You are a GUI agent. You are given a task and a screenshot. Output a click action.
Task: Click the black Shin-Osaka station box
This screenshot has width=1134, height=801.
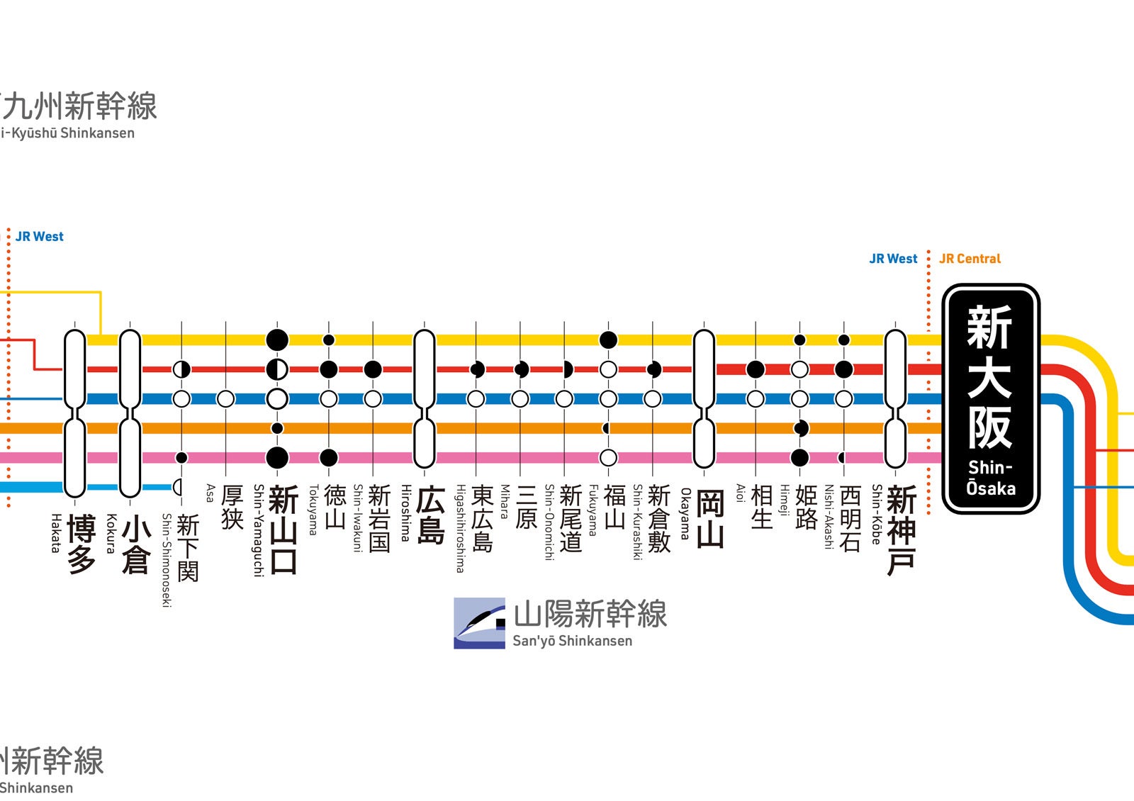pyautogui.click(x=990, y=399)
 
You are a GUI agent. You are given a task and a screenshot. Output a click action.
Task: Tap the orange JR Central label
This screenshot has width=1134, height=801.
pyautogui.click(x=970, y=259)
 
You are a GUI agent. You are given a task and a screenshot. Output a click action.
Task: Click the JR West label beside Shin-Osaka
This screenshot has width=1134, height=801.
pyautogui.click(x=893, y=259)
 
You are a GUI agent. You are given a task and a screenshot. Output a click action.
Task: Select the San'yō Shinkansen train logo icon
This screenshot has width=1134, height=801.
pyautogui.click(x=479, y=623)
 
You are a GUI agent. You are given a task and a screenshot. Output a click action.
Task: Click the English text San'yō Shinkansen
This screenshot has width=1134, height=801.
pyautogui.click(x=572, y=641)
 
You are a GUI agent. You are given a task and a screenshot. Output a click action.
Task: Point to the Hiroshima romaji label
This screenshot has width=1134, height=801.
pyautogui.click(x=406, y=513)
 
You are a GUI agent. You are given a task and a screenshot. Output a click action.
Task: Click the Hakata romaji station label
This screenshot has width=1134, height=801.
pyautogui.click(x=55, y=533)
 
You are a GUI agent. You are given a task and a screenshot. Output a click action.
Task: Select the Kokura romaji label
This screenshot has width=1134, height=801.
pyautogui.click(x=111, y=533)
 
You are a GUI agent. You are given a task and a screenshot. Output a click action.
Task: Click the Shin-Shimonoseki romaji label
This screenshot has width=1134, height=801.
pyautogui.click(x=167, y=560)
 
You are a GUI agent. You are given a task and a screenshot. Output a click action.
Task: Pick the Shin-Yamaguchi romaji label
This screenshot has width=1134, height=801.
pyautogui.click(x=259, y=530)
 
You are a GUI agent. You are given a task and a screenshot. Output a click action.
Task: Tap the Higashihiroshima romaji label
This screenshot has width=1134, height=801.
pyautogui.click(x=460, y=528)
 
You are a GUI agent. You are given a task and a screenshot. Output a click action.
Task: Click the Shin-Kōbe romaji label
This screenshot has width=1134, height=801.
pyautogui.click(x=877, y=515)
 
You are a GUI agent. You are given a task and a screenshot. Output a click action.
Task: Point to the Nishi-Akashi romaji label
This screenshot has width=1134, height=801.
pyautogui.click(x=828, y=517)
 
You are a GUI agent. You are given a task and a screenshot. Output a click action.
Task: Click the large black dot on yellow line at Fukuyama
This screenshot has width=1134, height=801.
pyautogui.click(x=608, y=340)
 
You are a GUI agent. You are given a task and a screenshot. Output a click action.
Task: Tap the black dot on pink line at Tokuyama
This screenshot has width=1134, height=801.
pyautogui.click(x=329, y=457)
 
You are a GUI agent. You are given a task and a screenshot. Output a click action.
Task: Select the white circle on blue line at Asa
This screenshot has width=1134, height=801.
pyautogui.click(x=225, y=398)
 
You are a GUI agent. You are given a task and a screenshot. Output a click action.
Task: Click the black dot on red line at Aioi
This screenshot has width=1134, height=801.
pyautogui.click(x=756, y=369)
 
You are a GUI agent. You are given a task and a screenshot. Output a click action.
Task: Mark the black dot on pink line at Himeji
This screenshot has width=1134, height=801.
pyautogui.click(x=799, y=457)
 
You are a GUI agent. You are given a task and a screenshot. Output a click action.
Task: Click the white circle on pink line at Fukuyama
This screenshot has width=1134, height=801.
pyautogui.click(x=608, y=457)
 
